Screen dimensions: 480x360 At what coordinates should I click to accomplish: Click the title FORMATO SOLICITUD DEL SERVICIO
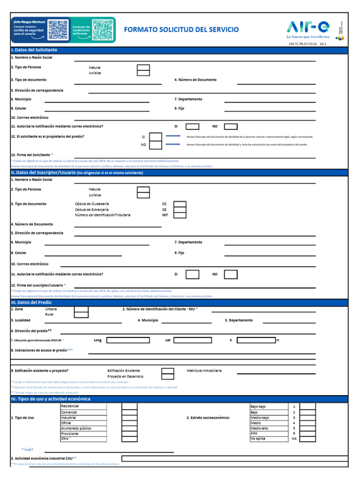(181, 30)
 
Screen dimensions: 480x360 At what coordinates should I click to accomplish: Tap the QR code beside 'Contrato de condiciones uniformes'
(102, 30)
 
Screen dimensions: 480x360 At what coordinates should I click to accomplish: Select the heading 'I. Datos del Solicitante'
(34, 50)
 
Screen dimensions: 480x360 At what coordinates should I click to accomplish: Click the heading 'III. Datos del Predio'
(30, 302)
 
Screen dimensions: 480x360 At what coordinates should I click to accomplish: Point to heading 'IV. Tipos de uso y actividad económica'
(51, 399)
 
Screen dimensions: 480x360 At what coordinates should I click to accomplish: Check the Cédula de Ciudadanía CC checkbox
(180, 204)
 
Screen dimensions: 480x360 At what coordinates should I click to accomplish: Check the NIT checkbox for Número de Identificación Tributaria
(180, 215)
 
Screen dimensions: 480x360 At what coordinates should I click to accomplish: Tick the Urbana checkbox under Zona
(82, 309)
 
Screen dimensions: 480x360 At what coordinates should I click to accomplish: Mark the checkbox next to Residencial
(129, 406)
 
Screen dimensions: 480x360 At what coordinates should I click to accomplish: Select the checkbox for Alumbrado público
(129, 428)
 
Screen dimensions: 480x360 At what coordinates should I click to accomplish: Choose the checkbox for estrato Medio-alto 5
(307, 428)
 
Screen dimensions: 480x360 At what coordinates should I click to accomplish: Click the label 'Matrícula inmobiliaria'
(204, 370)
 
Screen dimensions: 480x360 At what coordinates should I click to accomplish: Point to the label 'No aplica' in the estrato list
(258, 439)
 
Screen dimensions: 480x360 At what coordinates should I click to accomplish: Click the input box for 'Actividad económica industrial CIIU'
(234, 458)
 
